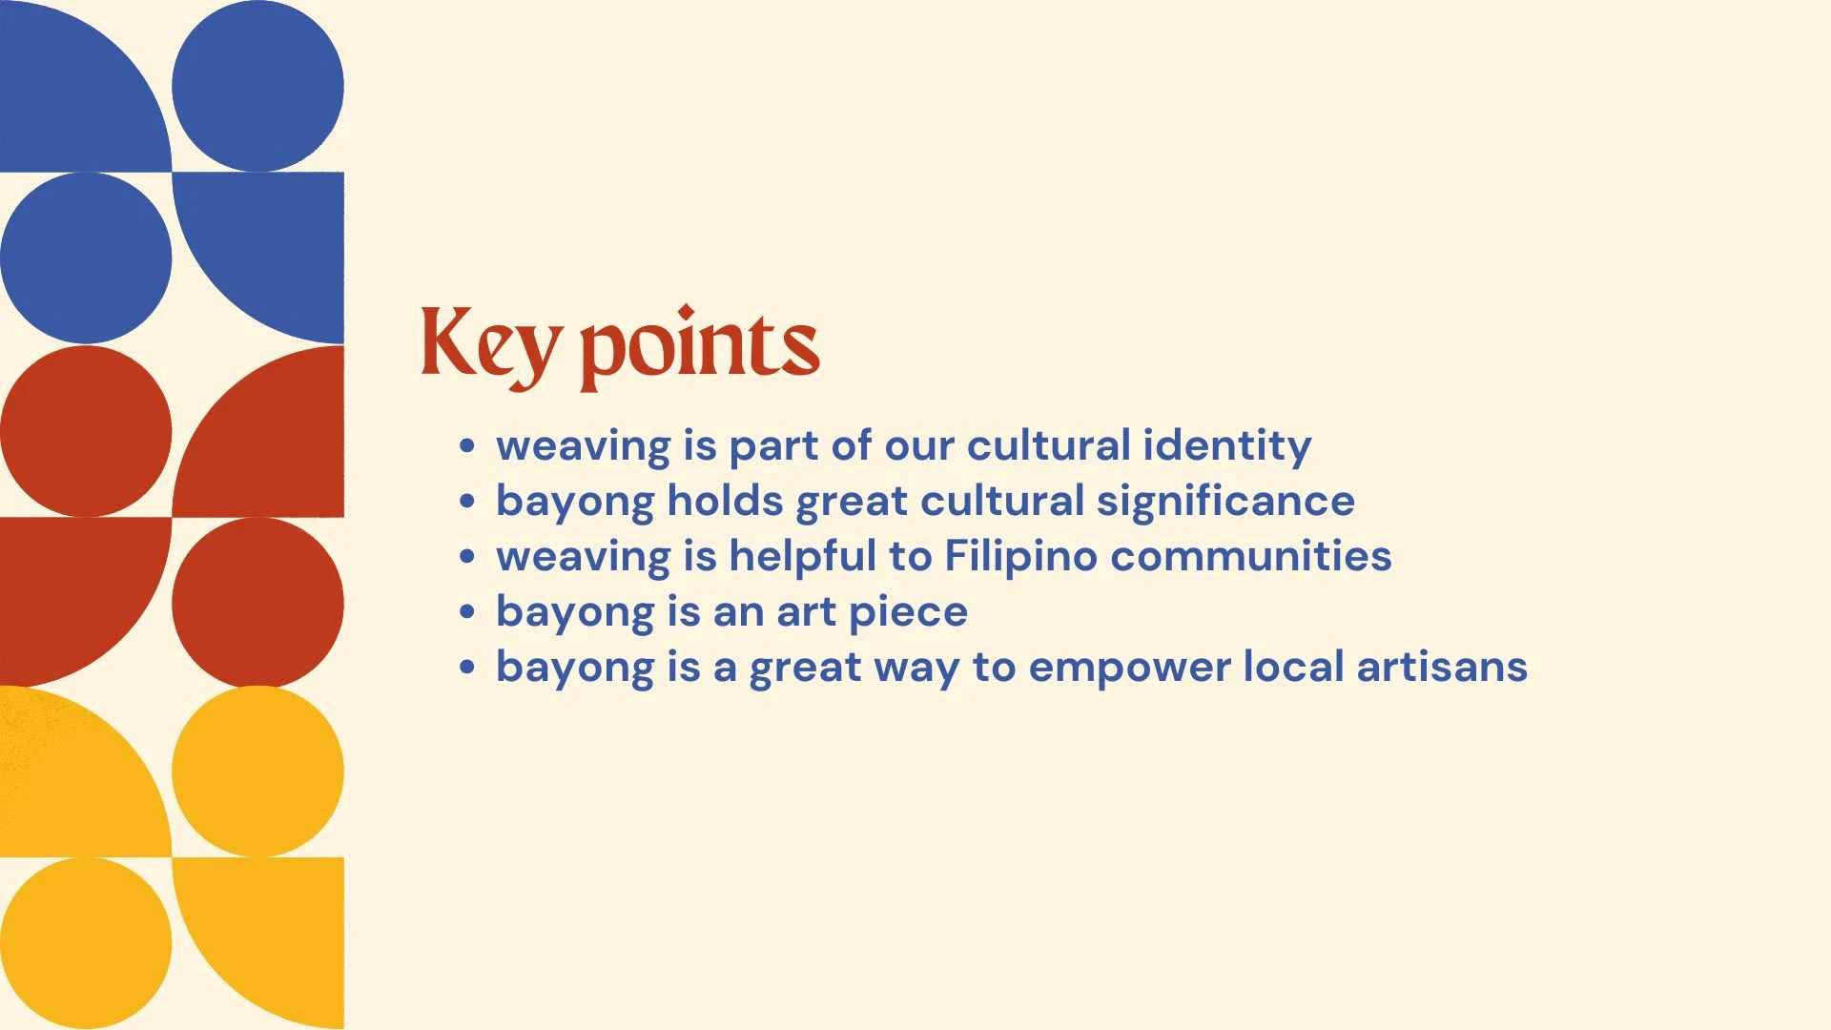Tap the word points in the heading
[x=700, y=348]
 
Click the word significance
[x=1225, y=503]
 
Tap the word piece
[x=908, y=613]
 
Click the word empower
[x=1129, y=669]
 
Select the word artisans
[x=1442, y=667]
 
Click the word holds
[x=725, y=501]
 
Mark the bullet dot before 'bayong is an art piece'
[x=466, y=611]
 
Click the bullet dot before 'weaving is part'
[x=466, y=445]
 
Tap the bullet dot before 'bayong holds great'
[x=466, y=501]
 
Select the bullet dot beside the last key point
[x=466, y=667]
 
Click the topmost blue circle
[x=257, y=86]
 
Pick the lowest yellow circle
[x=86, y=943]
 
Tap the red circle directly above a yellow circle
[x=257, y=603]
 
